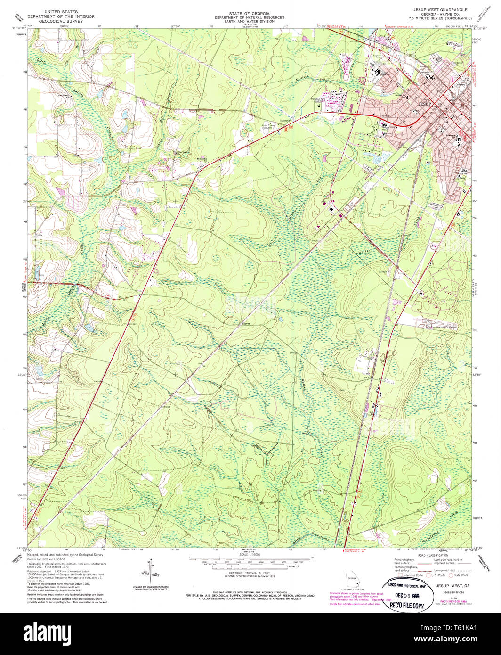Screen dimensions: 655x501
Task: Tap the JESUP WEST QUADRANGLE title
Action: point(440,9)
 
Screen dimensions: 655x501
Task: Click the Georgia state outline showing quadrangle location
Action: point(351,576)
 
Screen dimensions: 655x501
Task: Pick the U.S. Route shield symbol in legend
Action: point(428,575)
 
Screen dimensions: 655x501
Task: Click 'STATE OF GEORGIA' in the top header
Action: point(242,13)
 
